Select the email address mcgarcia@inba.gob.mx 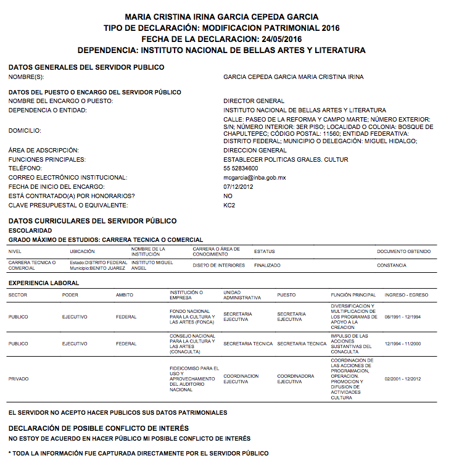(254, 177)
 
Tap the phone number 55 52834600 (241, 168)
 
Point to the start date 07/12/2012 (238, 186)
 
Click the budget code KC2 (229, 205)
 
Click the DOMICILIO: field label (25, 130)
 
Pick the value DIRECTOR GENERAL (254, 101)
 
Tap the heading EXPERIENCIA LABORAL (44, 283)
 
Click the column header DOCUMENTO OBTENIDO (404, 251)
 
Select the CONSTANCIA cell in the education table (392, 265)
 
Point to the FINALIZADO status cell (267, 265)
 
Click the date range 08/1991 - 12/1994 (402, 317)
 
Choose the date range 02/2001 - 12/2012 (402, 379)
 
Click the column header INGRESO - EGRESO (406, 295)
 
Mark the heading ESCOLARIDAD (30, 230)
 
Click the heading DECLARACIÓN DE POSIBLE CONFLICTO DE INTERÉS (99, 428)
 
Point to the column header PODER (70, 295)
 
